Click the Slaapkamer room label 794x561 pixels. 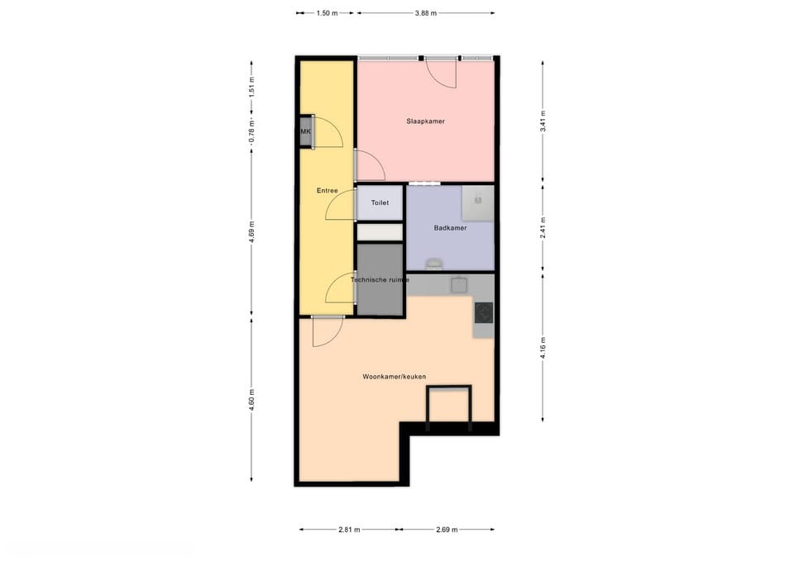[425, 121]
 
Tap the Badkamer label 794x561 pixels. [450, 228]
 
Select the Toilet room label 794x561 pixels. [380, 203]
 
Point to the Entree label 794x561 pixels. [328, 191]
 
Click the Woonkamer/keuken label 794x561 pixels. [394, 377]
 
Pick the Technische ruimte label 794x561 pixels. [380, 280]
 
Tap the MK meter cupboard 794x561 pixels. [306, 131]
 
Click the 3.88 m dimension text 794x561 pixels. [425, 13]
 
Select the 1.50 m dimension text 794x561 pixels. [328, 13]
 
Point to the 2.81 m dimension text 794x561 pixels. [349, 530]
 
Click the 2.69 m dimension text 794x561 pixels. [447, 530]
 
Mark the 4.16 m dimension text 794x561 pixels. [543, 348]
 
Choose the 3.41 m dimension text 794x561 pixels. [543, 121]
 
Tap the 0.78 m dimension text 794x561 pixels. [251, 131]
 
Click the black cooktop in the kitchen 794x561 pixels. [484, 312]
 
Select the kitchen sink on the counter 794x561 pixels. [459, 285]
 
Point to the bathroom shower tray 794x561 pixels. [477, 203]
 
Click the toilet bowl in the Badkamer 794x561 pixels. [434, 264]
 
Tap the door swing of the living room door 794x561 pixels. [328, 333]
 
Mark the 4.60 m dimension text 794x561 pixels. [251, 400]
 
